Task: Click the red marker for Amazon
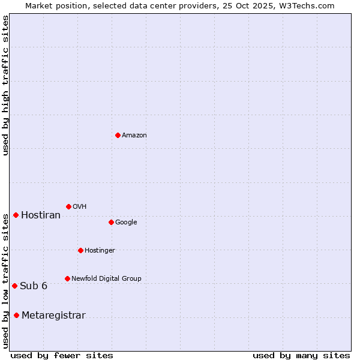[x=118, y=135]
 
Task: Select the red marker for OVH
[x=68, y=206]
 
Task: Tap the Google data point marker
[x=111, y=222]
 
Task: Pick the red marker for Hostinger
[x=80, y=250]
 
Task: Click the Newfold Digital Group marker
[x=67, y=278]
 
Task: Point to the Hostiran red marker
[x=16, y=215]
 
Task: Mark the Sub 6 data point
[x=14, y=286]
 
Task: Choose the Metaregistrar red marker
[x=16, y=316]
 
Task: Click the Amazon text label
[x=134, y=136]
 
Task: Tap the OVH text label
[x=80, y=207]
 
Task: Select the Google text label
[x=126, y=223]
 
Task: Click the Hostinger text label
[x=100, y=251]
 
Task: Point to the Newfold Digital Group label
[x=106, y=279]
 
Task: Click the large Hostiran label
[x=41, y=215]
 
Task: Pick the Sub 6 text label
[x=34, y=286]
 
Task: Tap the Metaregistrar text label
[x=53, y=316]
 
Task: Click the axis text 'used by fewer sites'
[x=62, y=355]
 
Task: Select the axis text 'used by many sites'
[x=301, y=355]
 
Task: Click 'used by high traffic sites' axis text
[x=6, y=86]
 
